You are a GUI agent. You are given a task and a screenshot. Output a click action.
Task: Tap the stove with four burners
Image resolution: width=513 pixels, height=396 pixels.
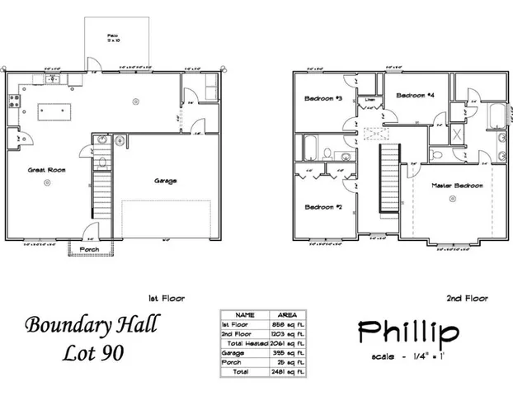pyautogui.click(x=13, y=101)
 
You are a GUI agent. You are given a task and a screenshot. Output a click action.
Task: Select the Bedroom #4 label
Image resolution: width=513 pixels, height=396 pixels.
pyautogui.click(x=415, y=95)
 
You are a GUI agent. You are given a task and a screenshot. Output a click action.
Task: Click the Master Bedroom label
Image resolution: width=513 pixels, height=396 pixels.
pyautogui.click(x=457, y=186)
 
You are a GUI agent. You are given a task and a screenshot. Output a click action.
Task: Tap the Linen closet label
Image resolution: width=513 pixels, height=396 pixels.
pyautogui.click(x=370, y=101)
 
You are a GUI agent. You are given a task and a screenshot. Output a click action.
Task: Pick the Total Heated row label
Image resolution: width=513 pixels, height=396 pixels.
pyautogui.click(x=246, y=342)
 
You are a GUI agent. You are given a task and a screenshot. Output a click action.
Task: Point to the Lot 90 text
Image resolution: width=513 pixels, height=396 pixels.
pyautogui.click(x=96, y=354)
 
